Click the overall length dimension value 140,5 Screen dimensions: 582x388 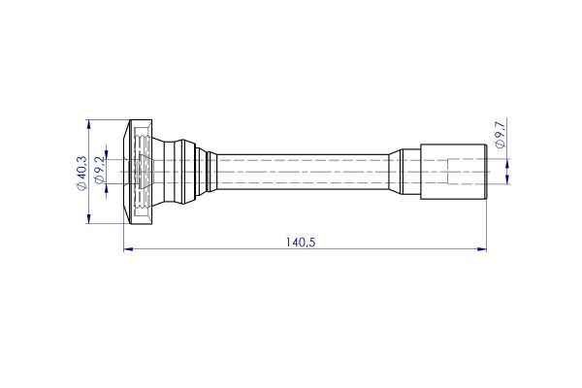[301, 242]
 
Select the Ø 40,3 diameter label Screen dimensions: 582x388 [81, 173]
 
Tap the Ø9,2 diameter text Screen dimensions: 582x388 [99, 170]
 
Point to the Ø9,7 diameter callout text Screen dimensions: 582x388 [501, 134]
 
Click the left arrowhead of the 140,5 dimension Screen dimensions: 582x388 [128, 248]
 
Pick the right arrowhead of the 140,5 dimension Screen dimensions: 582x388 [482, 248]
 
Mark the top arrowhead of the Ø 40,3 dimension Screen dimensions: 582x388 [88, 124]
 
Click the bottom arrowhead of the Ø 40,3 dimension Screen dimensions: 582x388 [88, 218]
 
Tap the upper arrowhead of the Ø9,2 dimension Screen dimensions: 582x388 [107, 155]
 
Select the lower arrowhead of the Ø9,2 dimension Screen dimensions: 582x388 [107, 188]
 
